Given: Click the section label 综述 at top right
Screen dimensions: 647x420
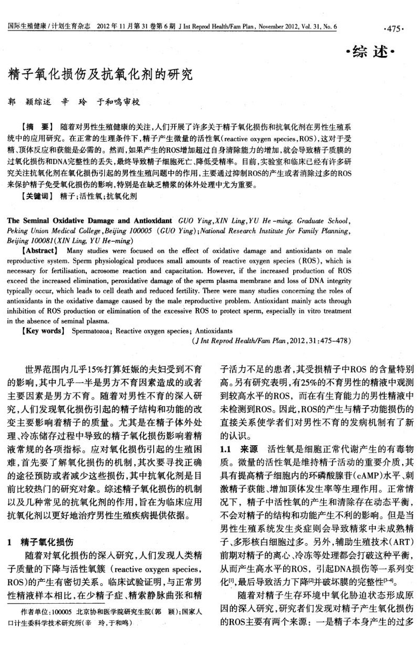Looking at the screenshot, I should [376, 53].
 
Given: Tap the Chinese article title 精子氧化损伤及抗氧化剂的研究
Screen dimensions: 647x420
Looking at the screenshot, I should [99, 74].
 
